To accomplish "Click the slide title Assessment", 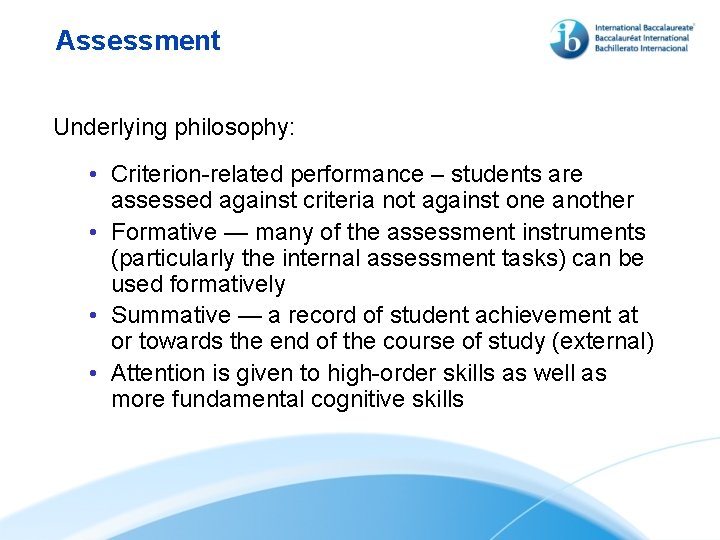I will point(138,41).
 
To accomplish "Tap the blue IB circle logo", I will point(569,39).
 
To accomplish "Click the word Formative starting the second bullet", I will point(163,233).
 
